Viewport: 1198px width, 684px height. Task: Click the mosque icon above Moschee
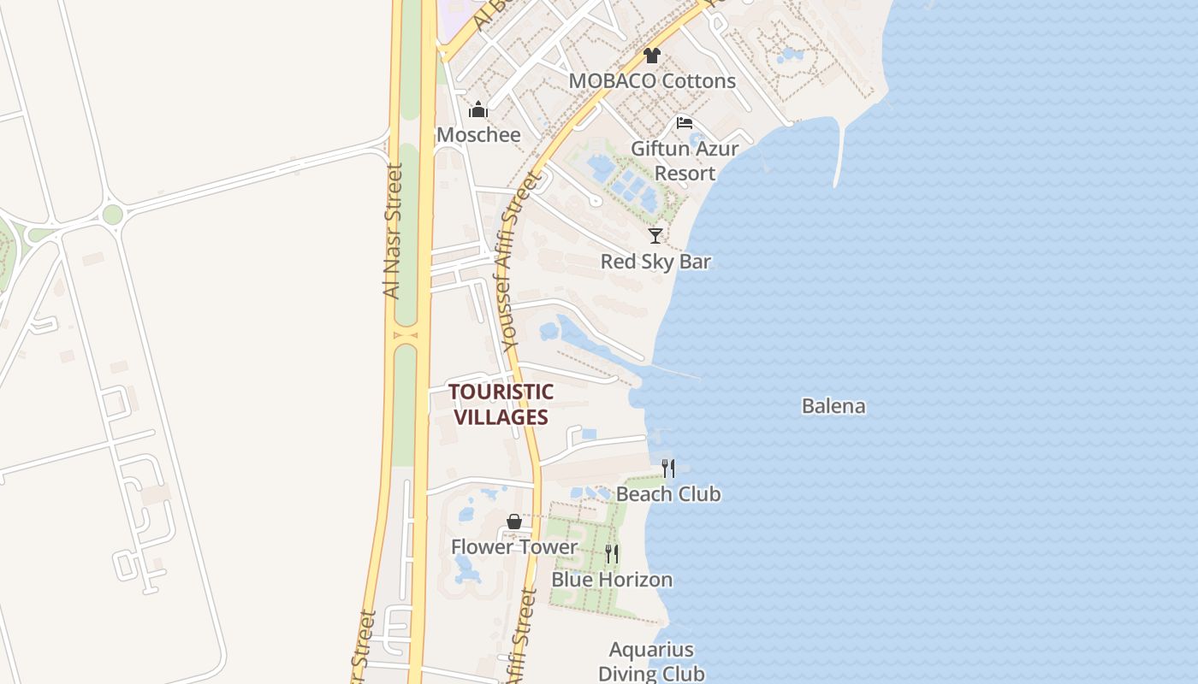click(x=478, y=109)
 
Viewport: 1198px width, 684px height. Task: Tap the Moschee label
click(x=478, y=135)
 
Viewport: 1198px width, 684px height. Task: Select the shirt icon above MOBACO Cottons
click(x=652, y=56)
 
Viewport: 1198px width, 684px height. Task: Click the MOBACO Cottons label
click(x=652, y=81)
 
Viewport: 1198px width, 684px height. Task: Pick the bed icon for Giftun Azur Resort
click(x=684, y=123)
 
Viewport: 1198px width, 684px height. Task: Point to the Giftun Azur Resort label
click(x=685, y=161)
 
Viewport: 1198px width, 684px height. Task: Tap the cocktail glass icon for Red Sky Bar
click(x=655, y=236)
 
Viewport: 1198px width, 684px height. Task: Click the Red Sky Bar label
click(x=655, y=262)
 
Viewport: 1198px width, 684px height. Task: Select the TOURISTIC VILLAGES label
click(x=501, y=404)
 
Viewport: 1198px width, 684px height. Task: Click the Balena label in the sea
click(x=833, y=406)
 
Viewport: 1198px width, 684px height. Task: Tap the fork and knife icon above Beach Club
click(x=668, y=469)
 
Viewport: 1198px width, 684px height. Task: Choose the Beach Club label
click(x=668, y=494)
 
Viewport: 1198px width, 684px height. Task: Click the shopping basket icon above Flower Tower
click(x=513, y=522)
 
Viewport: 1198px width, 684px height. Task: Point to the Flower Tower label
click(x=514, y=547)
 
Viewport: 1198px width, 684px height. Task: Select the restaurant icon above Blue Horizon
click(x=612, y=554)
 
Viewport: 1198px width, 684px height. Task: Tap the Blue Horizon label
click(x=612, y=580)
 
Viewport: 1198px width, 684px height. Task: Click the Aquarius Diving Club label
click(x=651, y=662)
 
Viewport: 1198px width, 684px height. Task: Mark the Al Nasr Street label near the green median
click(x=393, y=231)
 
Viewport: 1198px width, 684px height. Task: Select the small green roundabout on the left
click(x=112, y=215)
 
